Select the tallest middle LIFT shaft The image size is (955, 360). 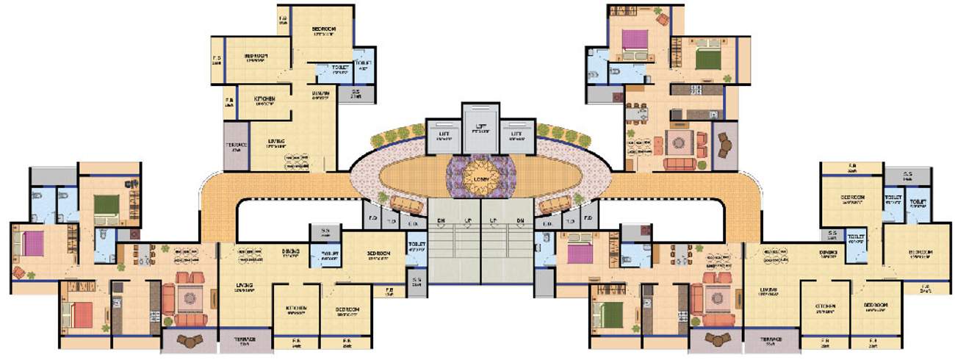click(x=480, y=126)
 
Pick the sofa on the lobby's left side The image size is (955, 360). click(x=406, y=204)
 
